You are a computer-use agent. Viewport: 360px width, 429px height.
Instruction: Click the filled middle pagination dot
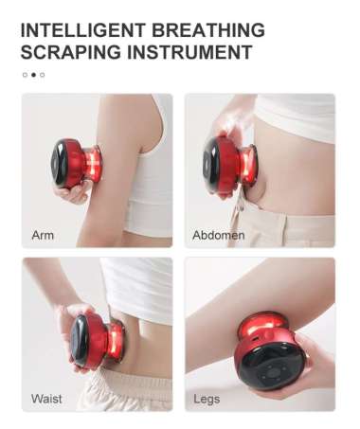pos(33,74)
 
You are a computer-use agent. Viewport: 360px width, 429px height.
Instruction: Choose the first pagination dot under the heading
pos(25,74)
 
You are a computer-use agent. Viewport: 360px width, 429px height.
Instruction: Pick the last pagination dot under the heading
pos(42,74)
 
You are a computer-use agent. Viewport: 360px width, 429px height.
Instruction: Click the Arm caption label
pos(43,234)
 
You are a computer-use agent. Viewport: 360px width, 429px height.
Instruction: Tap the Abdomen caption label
pos(218,234)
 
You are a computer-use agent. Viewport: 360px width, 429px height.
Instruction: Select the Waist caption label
pos(46,398)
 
